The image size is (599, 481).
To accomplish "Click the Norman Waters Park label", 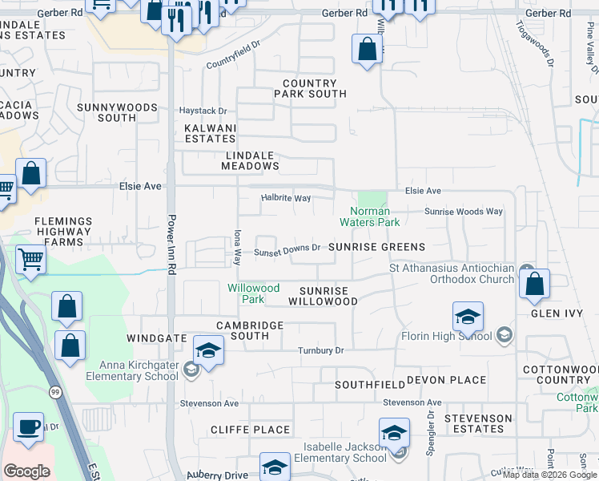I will (369, 216).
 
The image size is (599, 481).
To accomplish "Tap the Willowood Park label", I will (253, 293).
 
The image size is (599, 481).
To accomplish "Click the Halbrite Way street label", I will (286, 198).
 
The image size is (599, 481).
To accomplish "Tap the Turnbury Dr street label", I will (320, 350).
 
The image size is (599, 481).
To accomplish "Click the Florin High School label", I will (445, 335).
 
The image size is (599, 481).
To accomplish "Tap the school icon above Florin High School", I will (468, 317).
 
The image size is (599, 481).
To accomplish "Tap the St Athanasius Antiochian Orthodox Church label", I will (452, 273).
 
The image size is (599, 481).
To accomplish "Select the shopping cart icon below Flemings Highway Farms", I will (30, 259).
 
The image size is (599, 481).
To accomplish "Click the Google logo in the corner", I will (26, 471).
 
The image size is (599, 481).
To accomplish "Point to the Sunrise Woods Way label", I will (464, 212).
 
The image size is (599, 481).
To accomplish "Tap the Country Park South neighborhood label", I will (310, 89).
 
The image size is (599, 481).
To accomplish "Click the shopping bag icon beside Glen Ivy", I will (534, 285).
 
